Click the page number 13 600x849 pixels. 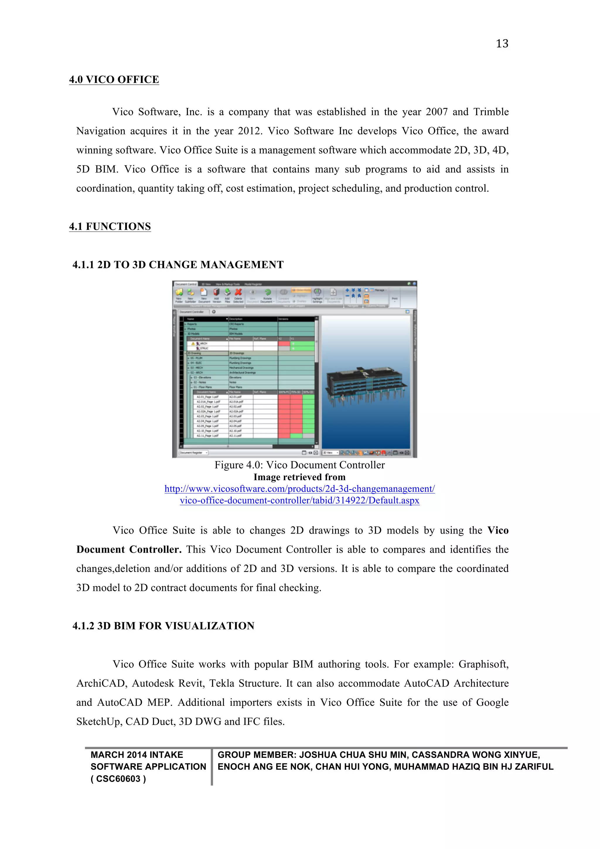pos(502,44)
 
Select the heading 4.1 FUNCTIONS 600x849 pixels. pos(110,226)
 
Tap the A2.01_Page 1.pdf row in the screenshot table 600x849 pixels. pos(208,397)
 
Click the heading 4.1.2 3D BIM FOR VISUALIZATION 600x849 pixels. pos(163,626)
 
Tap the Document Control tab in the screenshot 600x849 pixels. pos(186,284)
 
